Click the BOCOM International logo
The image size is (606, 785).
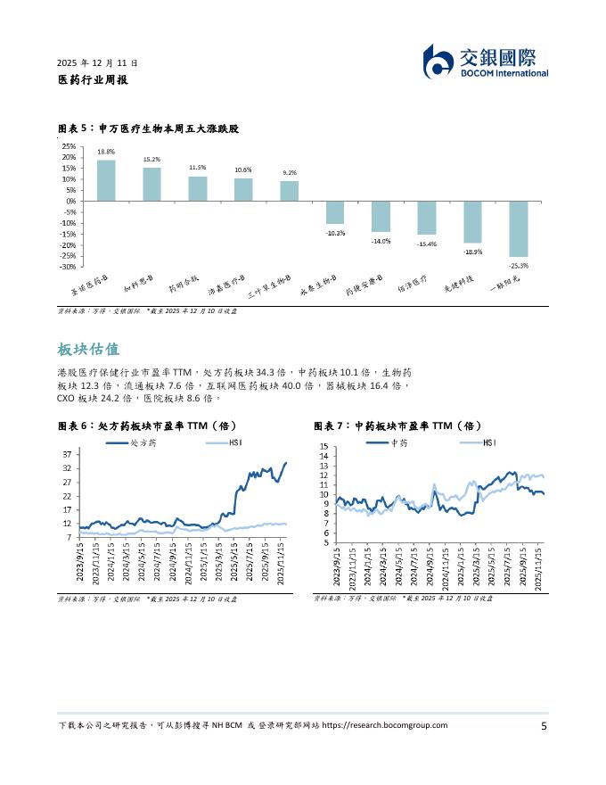485,61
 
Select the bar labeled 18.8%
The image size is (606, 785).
106,180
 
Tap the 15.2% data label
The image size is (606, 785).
151,160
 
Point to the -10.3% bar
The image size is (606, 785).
334,212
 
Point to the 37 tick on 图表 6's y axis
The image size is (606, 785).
68,455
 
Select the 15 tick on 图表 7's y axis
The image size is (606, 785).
323,446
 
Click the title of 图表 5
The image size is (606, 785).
148,129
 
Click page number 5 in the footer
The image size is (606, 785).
544,725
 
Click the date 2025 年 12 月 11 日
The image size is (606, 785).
97,63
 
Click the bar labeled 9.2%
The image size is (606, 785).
289,191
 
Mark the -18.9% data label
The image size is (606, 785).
472,252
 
